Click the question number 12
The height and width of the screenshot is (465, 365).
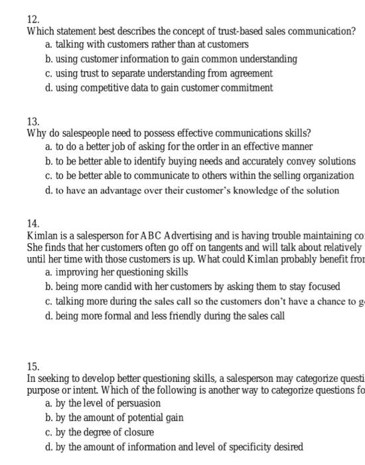coord(33,19)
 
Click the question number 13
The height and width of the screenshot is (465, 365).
coord(33,122)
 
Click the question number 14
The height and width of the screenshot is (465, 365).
coord(33,224)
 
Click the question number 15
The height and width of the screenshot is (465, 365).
coord(33,366)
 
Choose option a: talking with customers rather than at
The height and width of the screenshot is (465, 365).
coord(147,45)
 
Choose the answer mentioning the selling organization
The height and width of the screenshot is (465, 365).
coord(199,175)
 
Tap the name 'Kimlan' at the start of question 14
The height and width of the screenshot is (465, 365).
coord(42,236)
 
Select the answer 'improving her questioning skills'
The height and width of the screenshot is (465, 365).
coord(117,272)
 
